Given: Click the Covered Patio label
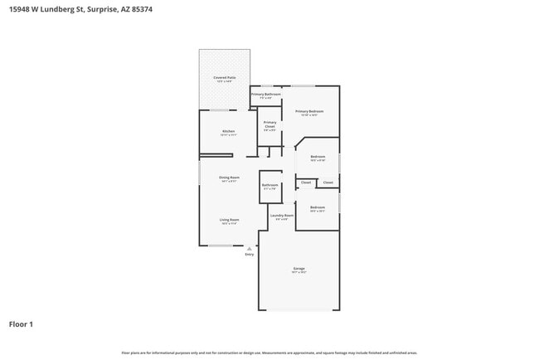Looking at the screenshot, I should click(225, 77).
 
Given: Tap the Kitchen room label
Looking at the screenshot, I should click(228, 131).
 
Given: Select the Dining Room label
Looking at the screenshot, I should click(229, 178).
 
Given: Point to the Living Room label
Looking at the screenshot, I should click(229, 220).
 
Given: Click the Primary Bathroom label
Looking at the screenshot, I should click(266, 94).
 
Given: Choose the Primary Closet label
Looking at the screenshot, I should click(270, 124).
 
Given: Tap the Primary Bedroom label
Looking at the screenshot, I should click(308, 111).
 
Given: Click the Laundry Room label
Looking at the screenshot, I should click(282, 216).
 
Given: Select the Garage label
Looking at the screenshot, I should click(299, 269).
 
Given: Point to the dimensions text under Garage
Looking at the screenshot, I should click(299, 273).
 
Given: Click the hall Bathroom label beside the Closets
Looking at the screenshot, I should click(270, 185).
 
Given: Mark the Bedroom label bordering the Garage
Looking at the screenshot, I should click(318, 207).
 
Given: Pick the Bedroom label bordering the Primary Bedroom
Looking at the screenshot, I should click(318, 156).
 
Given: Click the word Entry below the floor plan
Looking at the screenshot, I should click(249, 254).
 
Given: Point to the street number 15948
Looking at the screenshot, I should click(22, 10).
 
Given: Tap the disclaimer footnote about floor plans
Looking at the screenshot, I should click(269, 353).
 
